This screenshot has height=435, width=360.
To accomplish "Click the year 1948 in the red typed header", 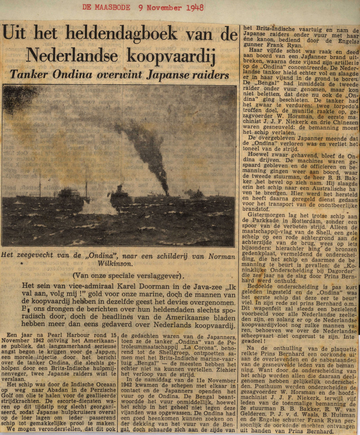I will click(195, 8).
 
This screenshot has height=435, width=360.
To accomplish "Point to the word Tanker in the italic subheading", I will click(28, 74).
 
